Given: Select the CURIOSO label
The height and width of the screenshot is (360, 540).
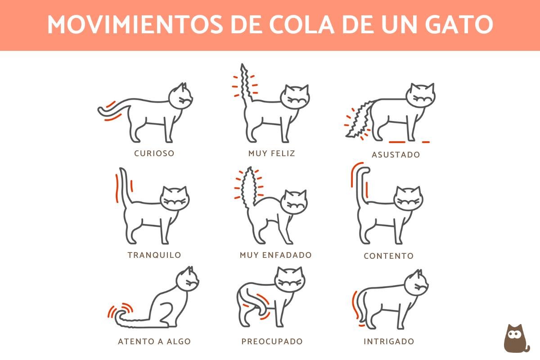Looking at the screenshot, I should tap(154, 153).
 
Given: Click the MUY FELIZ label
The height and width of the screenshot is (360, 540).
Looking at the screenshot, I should tap(272, 153).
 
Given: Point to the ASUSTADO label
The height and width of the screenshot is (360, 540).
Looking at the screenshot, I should tap(396, 155).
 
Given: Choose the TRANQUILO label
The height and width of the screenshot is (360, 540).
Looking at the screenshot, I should tap(154, 255).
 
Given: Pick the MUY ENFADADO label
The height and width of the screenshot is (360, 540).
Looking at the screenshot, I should tap(275, 255).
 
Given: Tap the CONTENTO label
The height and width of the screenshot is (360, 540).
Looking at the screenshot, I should tap(388, 256).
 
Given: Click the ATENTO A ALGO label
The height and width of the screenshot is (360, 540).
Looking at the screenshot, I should tap(154, 342).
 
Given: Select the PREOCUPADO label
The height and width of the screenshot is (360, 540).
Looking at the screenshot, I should tap(272, 342).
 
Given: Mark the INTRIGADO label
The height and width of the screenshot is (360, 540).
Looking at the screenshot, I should tap(388, 342).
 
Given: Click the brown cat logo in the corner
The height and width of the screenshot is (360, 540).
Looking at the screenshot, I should tap(516, 338).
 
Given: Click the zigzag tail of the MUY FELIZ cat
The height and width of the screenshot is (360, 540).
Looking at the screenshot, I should tap(245, 85).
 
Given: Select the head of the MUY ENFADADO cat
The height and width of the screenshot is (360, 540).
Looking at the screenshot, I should tap(294, 202).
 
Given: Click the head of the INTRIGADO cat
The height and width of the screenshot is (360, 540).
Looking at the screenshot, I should tap(416, 283).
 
